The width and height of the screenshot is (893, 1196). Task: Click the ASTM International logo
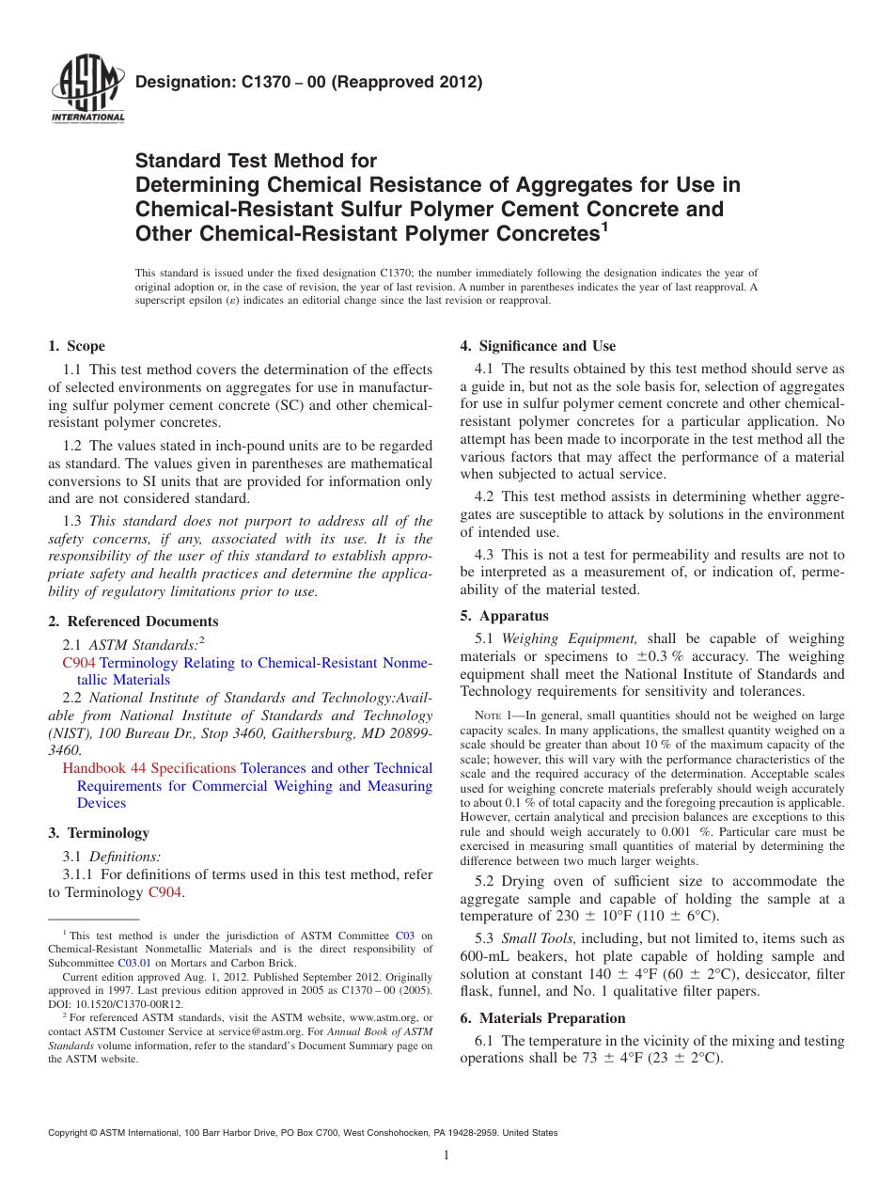(87, 91)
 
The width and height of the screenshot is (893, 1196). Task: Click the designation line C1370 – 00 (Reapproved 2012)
(309, 83)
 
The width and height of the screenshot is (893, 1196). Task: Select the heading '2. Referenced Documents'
(133, 622)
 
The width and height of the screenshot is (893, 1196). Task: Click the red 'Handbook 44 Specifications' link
(149, 768)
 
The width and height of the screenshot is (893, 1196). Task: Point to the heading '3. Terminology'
(99, 833)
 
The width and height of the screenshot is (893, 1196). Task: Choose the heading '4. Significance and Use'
(538, 346)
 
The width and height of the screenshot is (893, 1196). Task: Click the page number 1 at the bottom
(446, 1157)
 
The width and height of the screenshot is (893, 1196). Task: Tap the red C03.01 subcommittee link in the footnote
(133, 963)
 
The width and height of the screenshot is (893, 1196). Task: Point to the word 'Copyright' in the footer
(70, 1133)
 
